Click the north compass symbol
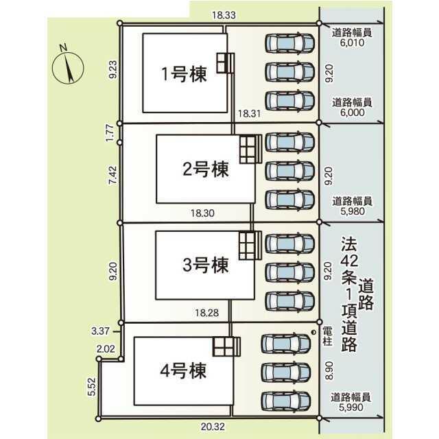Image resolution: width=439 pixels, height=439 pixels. coord(67,66)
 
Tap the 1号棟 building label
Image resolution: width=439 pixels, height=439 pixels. coord(184,75)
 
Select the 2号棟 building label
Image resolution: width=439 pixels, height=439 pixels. coord(205,168)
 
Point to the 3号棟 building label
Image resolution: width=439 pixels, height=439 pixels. coord(205,263)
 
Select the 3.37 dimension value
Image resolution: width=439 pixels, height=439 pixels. coord(102,331)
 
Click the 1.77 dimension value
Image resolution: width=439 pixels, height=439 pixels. coord(110,133)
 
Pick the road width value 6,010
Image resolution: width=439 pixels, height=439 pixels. coord(352,42)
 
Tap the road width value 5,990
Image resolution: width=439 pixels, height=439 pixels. coord(352,407)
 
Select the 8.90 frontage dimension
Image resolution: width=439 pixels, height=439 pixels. coord(329,371)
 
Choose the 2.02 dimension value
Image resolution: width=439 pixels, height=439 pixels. coord(106,349)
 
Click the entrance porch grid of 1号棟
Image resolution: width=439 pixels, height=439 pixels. coord(225,62)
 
